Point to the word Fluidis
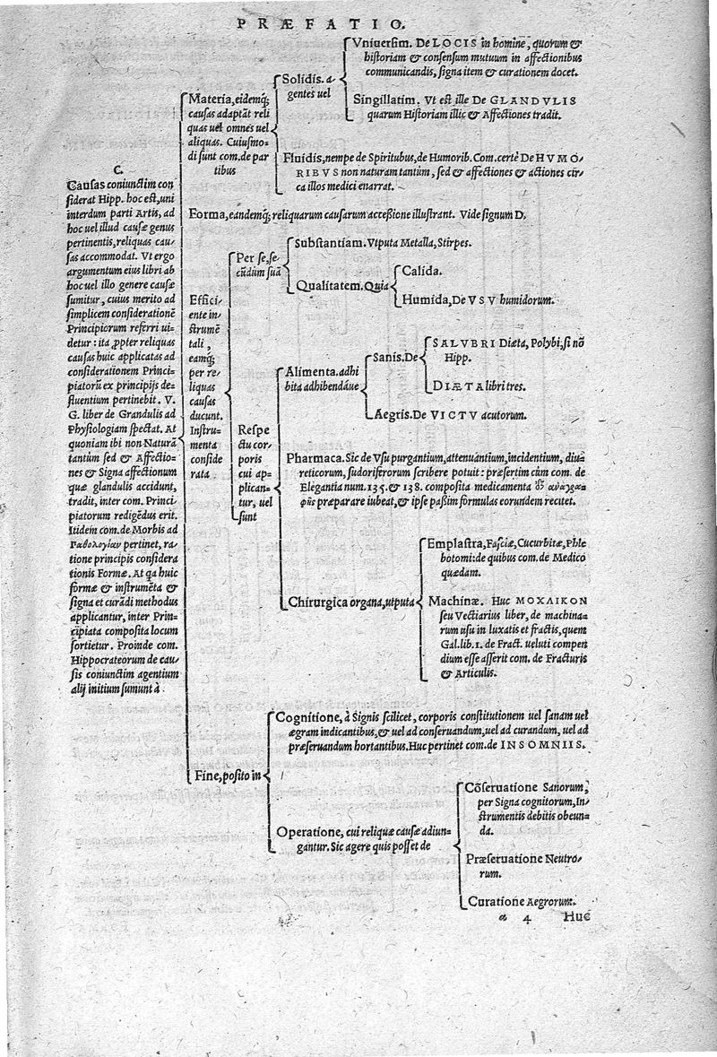click(307, 159)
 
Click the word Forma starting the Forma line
click(208, 214)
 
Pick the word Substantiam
click(328, 243)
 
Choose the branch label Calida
click(420, 269)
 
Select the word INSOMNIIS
click(549, 745)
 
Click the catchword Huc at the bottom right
click(579, 916)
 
